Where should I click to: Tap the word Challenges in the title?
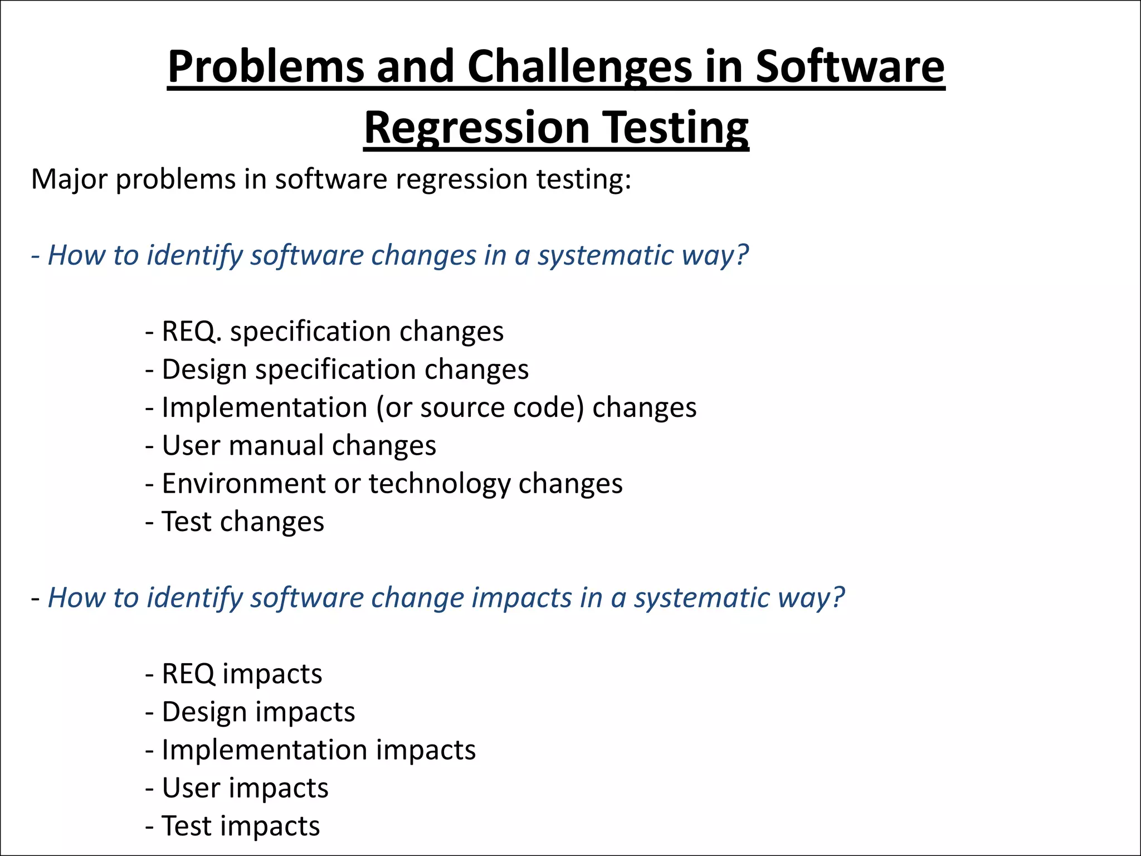click(578, 67)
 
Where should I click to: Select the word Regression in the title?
click(477, 128)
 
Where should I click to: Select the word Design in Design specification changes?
click(204, 369)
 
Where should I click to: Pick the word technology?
click(439, 484)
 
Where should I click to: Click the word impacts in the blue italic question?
click(521, 598)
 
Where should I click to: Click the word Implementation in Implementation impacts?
click(264, 750)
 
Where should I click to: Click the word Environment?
click(243, 484)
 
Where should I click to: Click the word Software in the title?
click(850, 67)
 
